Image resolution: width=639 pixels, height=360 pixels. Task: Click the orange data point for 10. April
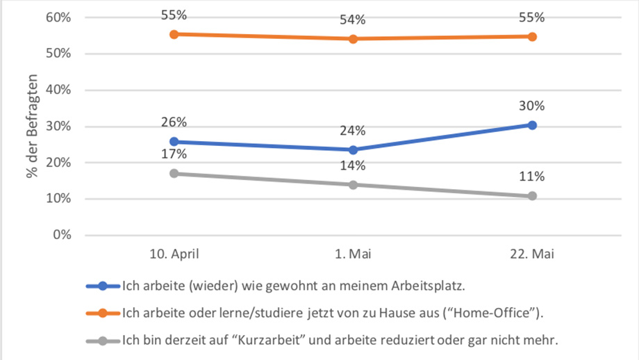(x=174, y=34)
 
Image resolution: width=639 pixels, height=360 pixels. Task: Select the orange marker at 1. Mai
(x=353, y=39)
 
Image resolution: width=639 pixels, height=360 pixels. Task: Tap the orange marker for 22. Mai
(x=532, y=36)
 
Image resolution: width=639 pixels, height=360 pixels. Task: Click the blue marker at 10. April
(x=174, y=142)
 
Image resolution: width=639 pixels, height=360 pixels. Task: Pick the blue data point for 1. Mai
(x=353, y=149)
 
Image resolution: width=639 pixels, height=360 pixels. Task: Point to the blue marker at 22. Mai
(x=532, y=125)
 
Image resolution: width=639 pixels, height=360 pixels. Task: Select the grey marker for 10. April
(x=174, y=173)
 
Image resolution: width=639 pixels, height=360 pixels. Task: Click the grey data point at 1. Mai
(x=353, y=185)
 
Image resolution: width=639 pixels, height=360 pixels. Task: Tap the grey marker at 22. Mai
(x=532, y=196)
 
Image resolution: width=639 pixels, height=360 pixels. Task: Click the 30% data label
(x=532, y=106)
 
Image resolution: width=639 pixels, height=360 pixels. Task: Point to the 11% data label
(x=532, y=177)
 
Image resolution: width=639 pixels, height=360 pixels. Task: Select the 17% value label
(x=174, y=154)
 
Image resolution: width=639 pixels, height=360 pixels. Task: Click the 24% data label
(x=353, y=131)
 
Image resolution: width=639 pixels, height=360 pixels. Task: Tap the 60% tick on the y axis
(x=58, y=17)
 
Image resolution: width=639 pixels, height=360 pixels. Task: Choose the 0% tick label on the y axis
(x=61, y=235)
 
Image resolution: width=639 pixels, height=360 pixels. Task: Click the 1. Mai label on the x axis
(x=353, y=255)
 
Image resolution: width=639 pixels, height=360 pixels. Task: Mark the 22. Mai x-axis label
(x=532, y=255)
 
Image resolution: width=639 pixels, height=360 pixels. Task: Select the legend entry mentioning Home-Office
(x=332, y=313)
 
